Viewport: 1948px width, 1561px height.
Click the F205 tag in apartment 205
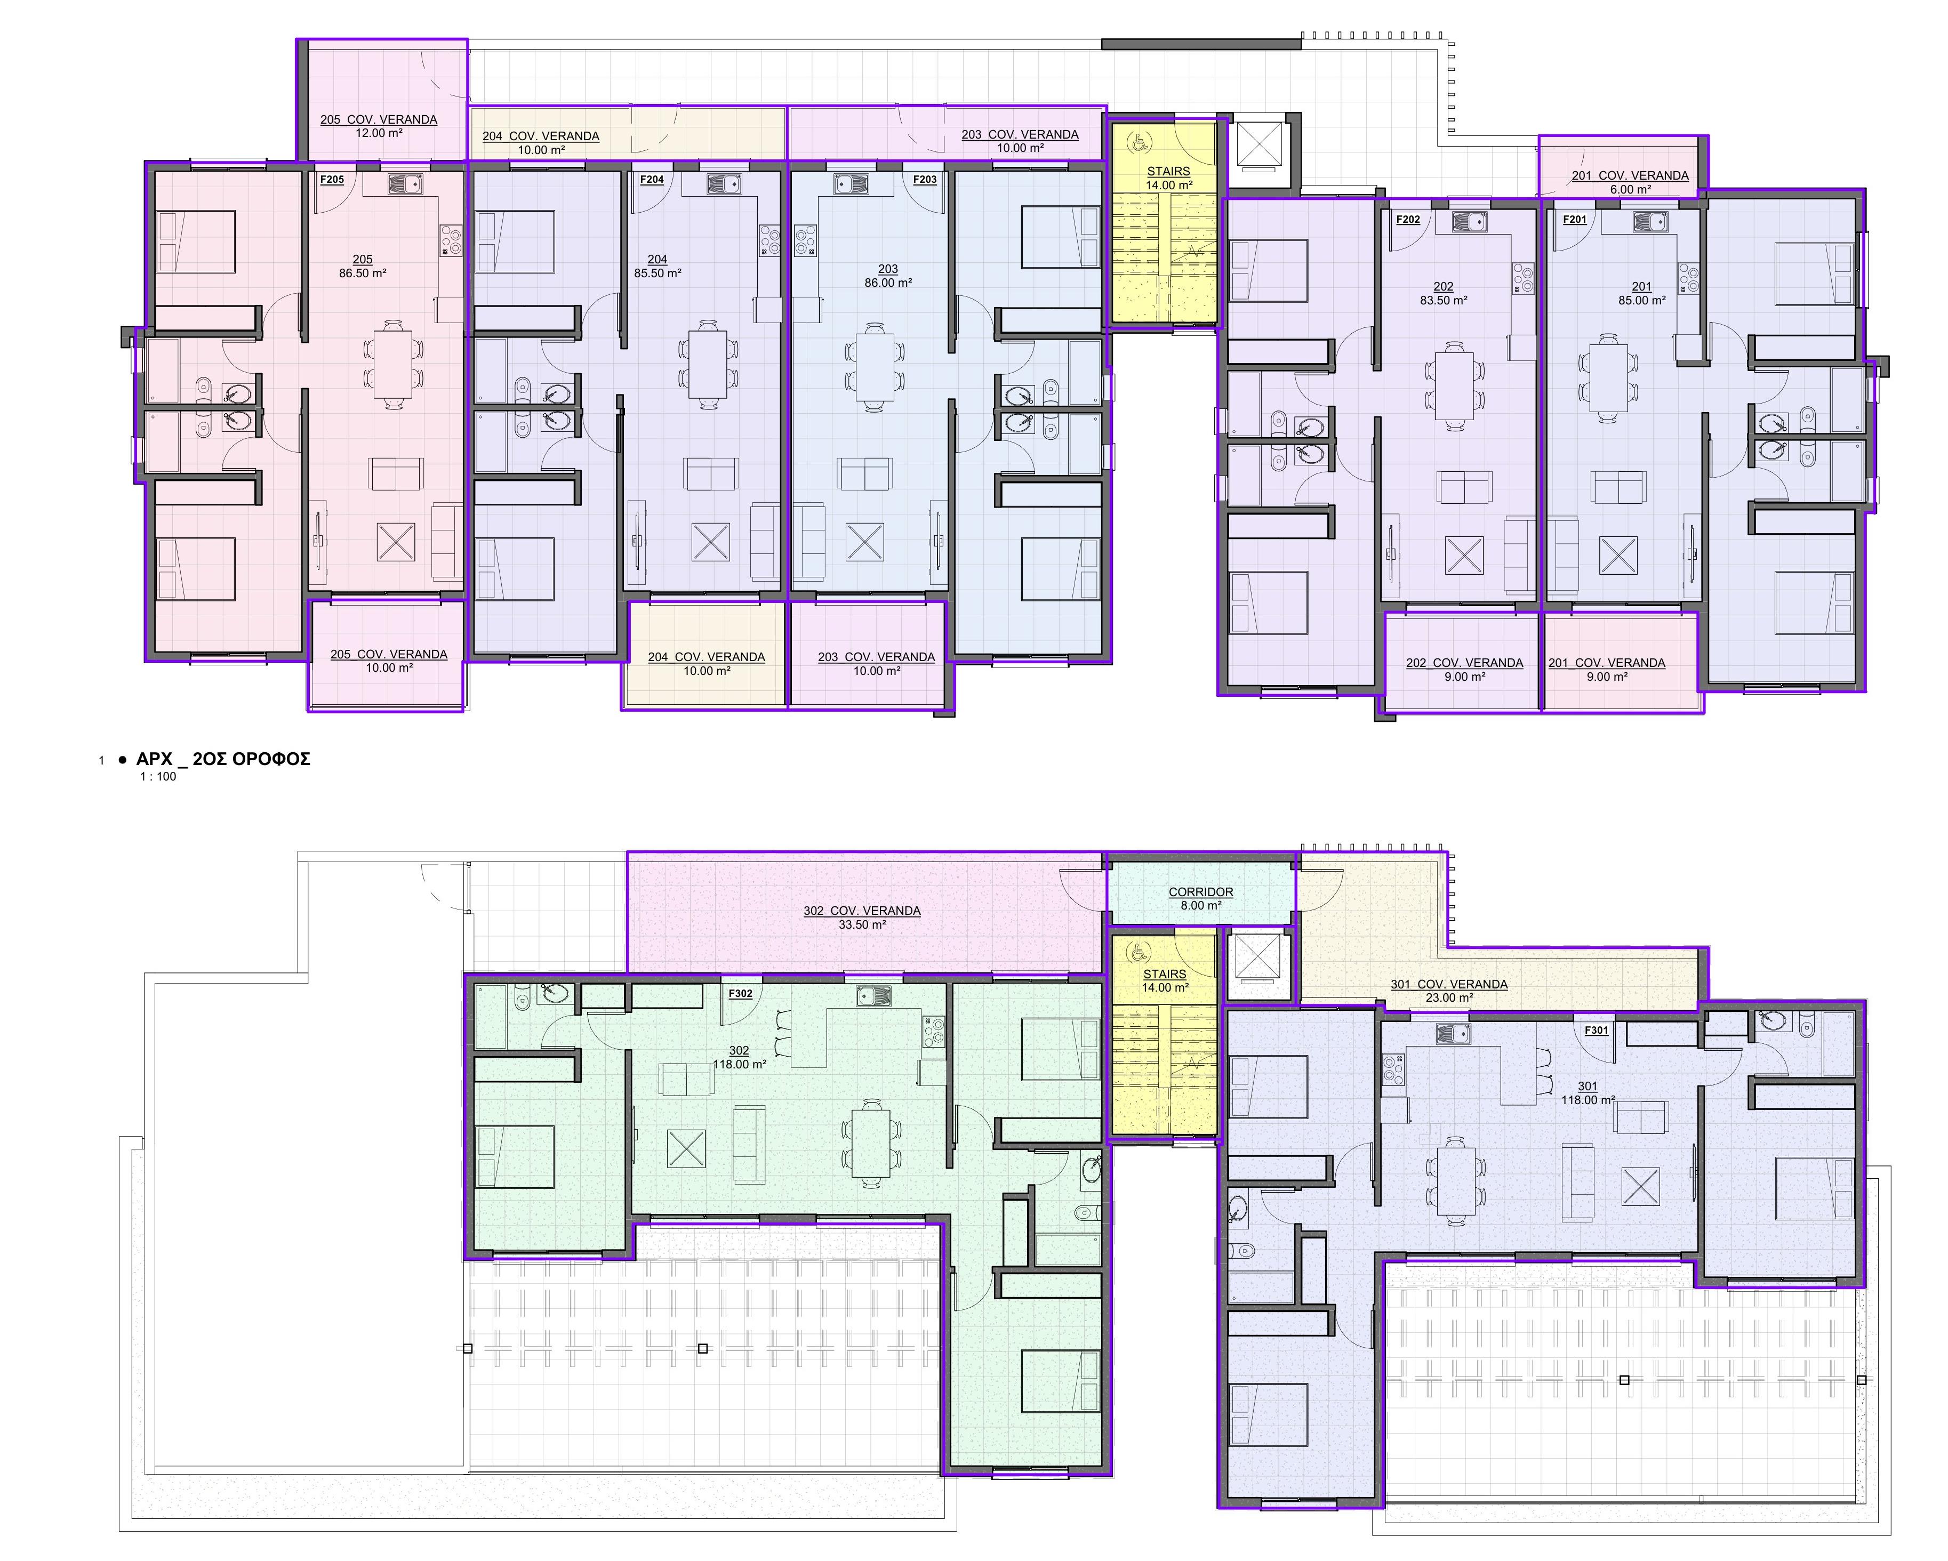click(x=332, y=180)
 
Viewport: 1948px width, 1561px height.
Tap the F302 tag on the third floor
click(x=740, y=994)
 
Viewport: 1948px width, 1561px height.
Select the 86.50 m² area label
click(x=362, y=273)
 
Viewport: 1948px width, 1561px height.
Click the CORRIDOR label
click(x=1201, y=891)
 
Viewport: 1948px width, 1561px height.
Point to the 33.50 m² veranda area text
click(x=862, y=925)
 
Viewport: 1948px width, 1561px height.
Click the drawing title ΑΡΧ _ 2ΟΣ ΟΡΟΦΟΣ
click(x=223, y=759)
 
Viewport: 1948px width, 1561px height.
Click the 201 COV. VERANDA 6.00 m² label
click(x=1630, y=182)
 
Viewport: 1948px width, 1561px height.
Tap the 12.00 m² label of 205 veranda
click(x=379, y=133)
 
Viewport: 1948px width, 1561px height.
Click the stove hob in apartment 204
click(x=770, y=240)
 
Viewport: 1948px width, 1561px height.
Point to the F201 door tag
click(x=1574, y=220)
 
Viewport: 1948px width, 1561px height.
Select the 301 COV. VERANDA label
click(x=1449, y=985)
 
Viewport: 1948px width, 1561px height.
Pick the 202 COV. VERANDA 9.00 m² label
click(x=1465, y=670)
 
